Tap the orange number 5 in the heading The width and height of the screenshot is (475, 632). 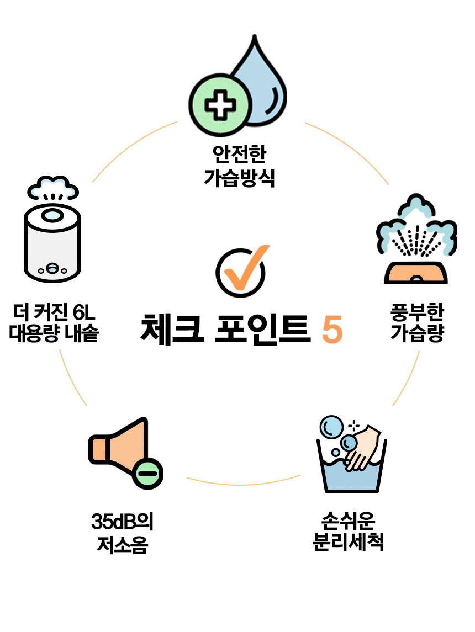tap(331, 330)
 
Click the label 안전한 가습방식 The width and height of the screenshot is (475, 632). tap(239, 166)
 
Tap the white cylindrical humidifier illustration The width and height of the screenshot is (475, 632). tap(52, 243)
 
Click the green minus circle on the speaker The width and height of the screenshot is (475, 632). tap(147, 473)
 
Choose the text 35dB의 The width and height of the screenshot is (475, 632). tap(122, 522)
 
